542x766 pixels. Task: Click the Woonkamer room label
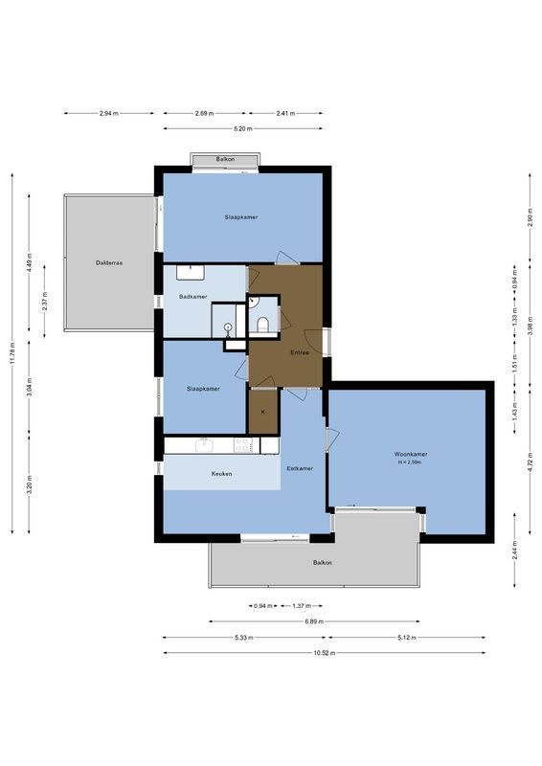(411, 454)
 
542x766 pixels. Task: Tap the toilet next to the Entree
(262, 324)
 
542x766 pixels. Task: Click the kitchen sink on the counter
(203, 444)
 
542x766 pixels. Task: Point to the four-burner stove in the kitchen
(243, 445)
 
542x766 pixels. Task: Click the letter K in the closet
(262, 412)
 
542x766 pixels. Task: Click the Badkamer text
(193, 297)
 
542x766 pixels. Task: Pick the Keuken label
(222, 474)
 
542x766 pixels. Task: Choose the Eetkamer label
(300, 468)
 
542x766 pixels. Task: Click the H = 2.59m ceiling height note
(411, 463)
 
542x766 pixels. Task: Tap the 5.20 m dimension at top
(242, 128)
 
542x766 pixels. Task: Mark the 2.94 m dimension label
(108, 113)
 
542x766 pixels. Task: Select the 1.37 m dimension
(300, 605)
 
